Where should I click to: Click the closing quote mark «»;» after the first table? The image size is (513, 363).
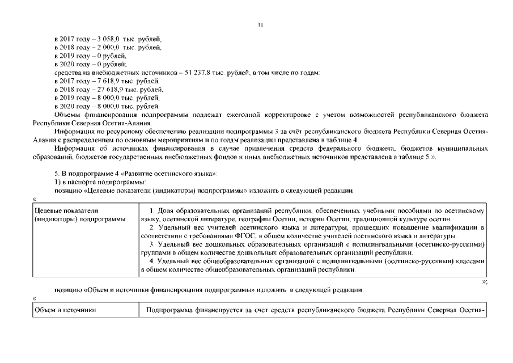tap(484, 281)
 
